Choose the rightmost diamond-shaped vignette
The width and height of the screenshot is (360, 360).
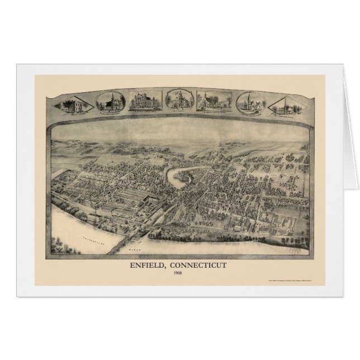286,105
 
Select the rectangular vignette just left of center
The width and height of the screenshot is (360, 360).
144,101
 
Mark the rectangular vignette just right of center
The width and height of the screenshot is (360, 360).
214,101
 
